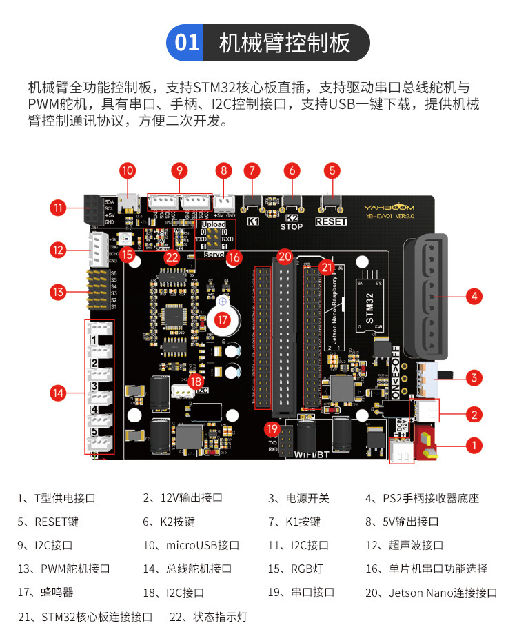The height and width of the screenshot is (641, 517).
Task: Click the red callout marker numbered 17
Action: coord(222,320)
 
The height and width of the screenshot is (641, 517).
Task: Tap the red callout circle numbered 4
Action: coord(474,296)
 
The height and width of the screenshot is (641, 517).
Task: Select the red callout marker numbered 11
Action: coord(58,206)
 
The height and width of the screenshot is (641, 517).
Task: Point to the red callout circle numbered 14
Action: coord(58,393)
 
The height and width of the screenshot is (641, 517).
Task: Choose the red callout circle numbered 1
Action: coord(474,445)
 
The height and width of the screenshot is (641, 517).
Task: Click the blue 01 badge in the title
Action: coord(187,43)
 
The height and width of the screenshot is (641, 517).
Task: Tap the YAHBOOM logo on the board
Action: coord(390,206)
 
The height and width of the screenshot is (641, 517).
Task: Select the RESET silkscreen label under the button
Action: coord(331,221)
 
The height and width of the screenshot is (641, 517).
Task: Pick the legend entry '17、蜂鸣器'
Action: coord(45,592)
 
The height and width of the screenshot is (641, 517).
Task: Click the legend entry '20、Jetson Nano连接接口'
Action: coord(431,592)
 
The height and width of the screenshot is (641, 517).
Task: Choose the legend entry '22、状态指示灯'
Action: coord(208,616)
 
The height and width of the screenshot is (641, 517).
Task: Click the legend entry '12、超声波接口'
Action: coord(404,545)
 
